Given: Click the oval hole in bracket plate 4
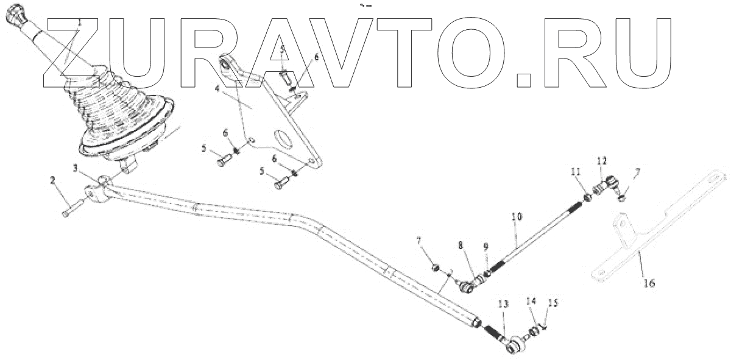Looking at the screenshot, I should [x=282, y=136].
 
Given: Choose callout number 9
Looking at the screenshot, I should [x=486, y=248].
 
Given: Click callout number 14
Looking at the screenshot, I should [x=531, y=301].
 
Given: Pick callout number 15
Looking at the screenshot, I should [x=554, y=302].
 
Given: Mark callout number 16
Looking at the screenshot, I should [x=649, y=283].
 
